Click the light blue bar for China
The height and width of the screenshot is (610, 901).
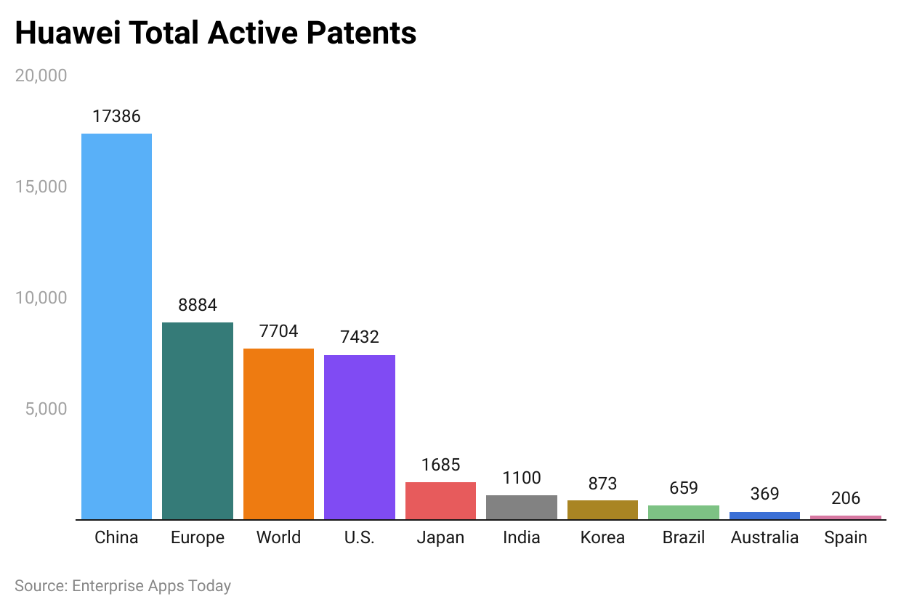(116, 327)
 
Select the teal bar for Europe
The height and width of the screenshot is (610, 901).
(198, 421)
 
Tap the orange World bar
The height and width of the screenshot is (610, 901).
(278, 434)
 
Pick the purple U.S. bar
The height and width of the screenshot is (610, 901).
(360, 437)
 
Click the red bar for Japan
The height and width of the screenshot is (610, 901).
(440, 501)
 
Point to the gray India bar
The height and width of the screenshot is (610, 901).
(522, 507)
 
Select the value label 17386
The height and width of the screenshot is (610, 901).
(116, 116)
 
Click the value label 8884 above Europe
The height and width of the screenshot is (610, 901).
(198, 305)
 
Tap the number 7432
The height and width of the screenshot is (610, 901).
(360, 337)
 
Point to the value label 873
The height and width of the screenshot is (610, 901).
(602, 484)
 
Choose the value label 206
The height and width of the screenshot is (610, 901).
(846, 498)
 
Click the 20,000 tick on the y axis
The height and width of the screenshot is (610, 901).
(41, 76)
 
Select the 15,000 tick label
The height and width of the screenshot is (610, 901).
(41, 187)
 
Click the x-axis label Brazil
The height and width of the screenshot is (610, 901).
(684, 538)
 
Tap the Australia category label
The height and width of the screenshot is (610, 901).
(764, 538)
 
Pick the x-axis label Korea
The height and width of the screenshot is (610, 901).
(602, 538)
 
